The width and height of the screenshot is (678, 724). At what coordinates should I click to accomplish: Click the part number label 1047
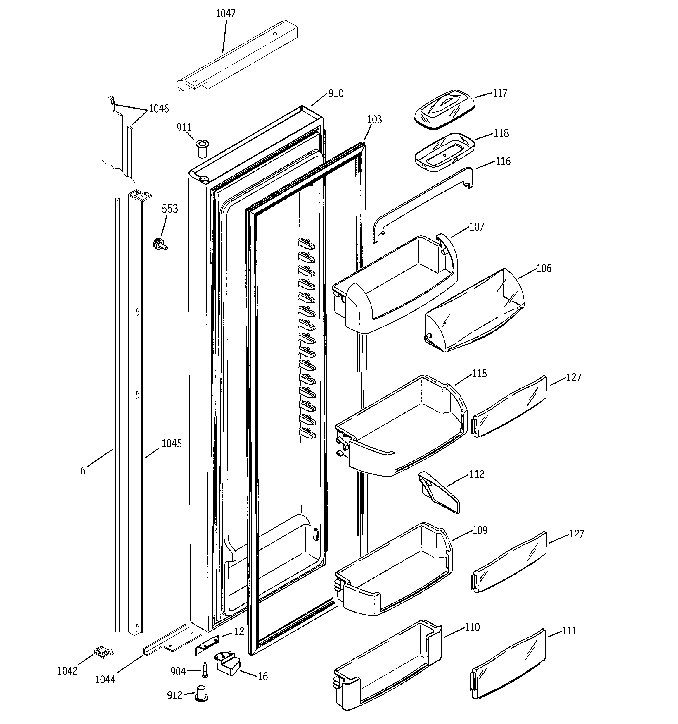point(226,14)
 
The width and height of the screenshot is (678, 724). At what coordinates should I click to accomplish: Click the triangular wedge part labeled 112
point(439,492)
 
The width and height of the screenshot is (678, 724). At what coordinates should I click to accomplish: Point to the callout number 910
point(335,94)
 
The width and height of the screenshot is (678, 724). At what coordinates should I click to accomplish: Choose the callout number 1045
point(172,443)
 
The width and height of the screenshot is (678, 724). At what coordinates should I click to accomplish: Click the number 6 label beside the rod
point(83,471)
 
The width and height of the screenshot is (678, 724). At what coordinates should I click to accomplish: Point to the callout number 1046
point(159,109)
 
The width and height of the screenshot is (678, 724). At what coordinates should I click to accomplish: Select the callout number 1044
point(105,679)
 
